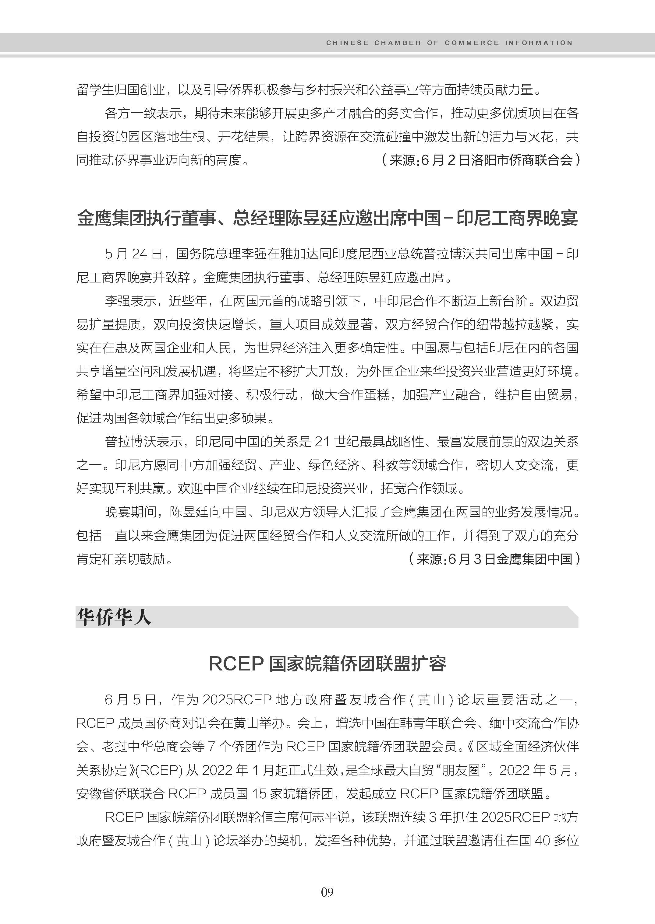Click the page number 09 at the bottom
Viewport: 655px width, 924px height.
pos(327,892)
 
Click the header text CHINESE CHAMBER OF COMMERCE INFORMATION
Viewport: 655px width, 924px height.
pos(449,43)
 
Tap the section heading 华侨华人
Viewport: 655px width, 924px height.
pos(114,617)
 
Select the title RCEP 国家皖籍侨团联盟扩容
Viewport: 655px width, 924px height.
pos(327,664)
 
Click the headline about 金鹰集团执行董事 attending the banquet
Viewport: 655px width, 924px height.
pos(327,219)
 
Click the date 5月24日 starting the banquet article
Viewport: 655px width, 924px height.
pos(133,254)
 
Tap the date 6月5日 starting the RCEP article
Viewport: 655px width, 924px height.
pos(130,700)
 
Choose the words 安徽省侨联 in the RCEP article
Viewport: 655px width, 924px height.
pos(108,794)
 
